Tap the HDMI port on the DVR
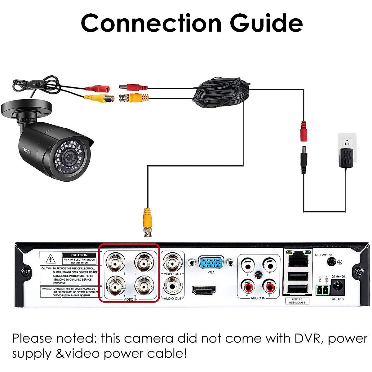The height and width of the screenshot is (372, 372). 204,290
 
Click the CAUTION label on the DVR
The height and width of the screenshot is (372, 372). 79,255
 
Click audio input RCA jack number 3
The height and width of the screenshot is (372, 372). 248,265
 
